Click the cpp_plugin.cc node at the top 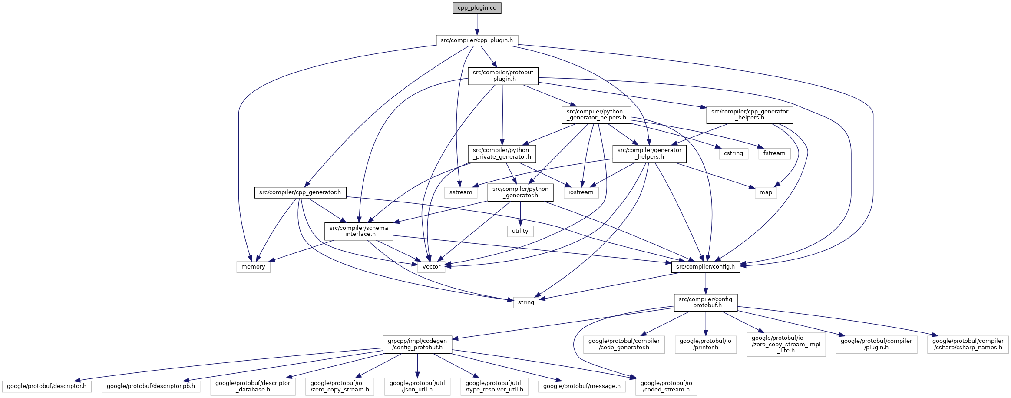[x=477, y=8]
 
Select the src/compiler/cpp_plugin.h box [x=477, y=40]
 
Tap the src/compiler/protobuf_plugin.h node [x=503, y=76]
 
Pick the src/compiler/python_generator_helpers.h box [x=596, y=114]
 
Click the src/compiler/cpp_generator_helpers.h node [x=750, y=114]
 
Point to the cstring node [x=733, y=153]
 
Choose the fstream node [x=774, y=153]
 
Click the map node [x=766, y=192]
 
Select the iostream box [x=581, y=192]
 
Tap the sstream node [x=461, y=192]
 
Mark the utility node [x=520, y=231]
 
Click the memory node [x=253, y=267]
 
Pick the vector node [x=431, y=267]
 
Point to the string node [x=526, y=302]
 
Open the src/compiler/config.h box [x=705, y=267]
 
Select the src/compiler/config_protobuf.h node [x=705, y=302]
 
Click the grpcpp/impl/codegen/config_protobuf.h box [x=417, y=344]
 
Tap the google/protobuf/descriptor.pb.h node [x=151, y=386]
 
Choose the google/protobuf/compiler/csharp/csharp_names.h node [x=968, y=344]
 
